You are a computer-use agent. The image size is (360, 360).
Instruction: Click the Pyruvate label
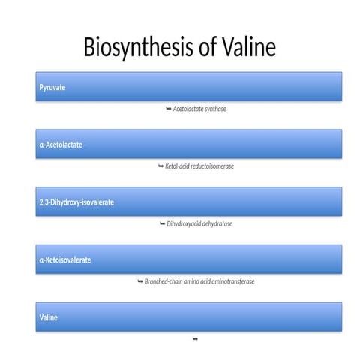coord(52,88)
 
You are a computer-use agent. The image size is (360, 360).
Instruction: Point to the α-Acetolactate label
coord(61,145)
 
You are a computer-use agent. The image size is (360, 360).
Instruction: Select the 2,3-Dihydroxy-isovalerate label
coord(76,202)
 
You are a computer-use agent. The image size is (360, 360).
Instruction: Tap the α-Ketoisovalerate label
coord(65,259)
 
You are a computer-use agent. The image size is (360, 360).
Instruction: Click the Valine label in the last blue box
coord(48,317)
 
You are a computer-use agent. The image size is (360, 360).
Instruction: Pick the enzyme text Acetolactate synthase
coord(199,109)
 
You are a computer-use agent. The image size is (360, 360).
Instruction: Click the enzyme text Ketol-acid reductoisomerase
coord(199,166)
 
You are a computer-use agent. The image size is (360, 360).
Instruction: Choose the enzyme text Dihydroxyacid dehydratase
coord(199,223)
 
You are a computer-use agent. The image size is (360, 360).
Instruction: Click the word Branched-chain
coord(164,281)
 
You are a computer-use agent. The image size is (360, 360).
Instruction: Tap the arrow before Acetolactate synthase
coord(168,109)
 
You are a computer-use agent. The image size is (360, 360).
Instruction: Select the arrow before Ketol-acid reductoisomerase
coord(160,166)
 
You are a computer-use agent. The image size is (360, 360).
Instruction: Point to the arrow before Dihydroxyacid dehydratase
coord(162,223)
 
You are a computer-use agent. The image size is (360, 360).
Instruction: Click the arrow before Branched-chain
coord(139,281)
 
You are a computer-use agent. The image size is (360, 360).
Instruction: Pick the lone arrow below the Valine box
coord(195,339)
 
